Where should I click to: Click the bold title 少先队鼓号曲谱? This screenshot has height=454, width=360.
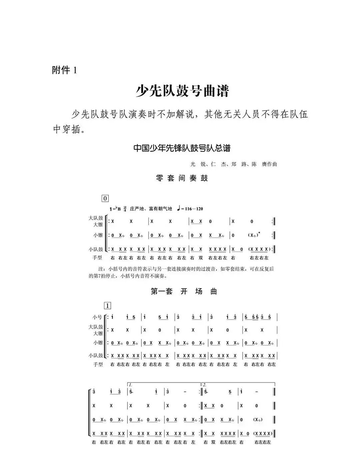[x=183, y=91]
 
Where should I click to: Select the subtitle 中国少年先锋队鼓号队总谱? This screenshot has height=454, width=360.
[x=185, y=148]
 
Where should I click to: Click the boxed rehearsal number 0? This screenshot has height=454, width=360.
[x=106, y=198]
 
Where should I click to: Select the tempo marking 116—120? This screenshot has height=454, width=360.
[x=191, y=209]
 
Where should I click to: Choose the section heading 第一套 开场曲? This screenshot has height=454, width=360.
[x=184, y=291]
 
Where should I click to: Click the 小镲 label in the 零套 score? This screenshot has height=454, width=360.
[x=98, y=235]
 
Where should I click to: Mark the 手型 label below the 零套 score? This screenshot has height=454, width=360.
[x=97, y=258]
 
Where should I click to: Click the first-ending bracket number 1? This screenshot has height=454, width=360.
[x=130, y=385]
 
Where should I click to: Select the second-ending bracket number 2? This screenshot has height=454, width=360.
[x=205, y=385]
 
